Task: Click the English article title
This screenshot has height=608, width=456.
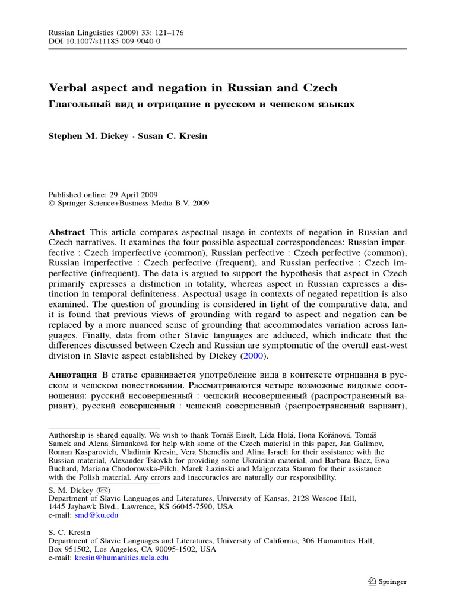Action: [193, 88]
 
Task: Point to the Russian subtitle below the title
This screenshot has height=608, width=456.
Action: [201, 104]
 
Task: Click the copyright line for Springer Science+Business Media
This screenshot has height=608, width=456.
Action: [132, 203]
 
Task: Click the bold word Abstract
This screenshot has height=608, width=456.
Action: [66, 232]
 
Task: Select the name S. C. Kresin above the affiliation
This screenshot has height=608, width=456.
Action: [69, 533]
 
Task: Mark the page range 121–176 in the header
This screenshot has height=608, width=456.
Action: [164, 33]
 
